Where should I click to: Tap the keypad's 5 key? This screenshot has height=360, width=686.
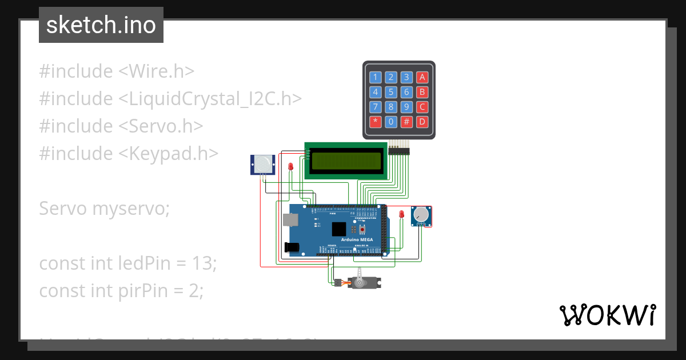click(x=391, y=92)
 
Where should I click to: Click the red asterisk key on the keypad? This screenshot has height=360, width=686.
click(x=375, y=121)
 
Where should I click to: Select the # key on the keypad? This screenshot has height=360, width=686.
click(x=406, y=121)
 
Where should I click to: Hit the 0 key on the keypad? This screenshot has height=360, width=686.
click(x=391, y=121)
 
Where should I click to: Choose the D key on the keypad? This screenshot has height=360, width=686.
click(x=422, y=121)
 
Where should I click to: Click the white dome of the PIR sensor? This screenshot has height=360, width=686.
click(x=262, y=164)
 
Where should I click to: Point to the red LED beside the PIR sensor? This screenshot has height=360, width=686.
click(x=290, y=167)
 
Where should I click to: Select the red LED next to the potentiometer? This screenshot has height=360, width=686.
click(x=401, y=214)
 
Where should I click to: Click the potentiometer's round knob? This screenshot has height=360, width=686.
click(x=421, y=215)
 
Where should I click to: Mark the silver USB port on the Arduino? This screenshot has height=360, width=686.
click(x=289, y=221)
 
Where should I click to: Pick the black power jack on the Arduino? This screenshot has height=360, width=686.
click(x=292, y=247)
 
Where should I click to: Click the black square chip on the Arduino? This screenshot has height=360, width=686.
click(x=339, y=229)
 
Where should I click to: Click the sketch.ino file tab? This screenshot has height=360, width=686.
click(x=101, y=25)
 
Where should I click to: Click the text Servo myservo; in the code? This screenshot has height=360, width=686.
click(x=105, y=209)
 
